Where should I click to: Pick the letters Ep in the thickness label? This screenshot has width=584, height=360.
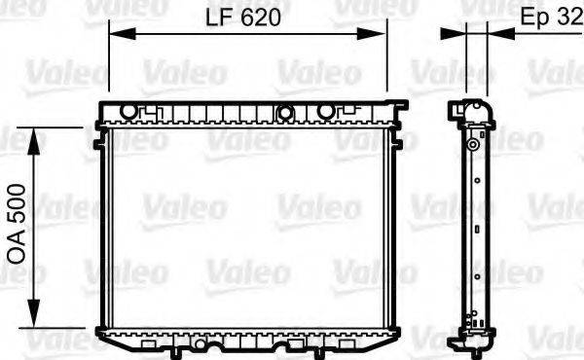537,18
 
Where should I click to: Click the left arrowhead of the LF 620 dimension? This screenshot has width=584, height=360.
115,34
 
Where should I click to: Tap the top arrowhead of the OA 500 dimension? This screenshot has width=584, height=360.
36,135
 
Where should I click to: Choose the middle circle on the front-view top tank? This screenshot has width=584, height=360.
285,112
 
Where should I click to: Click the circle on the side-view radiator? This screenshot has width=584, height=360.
472,145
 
